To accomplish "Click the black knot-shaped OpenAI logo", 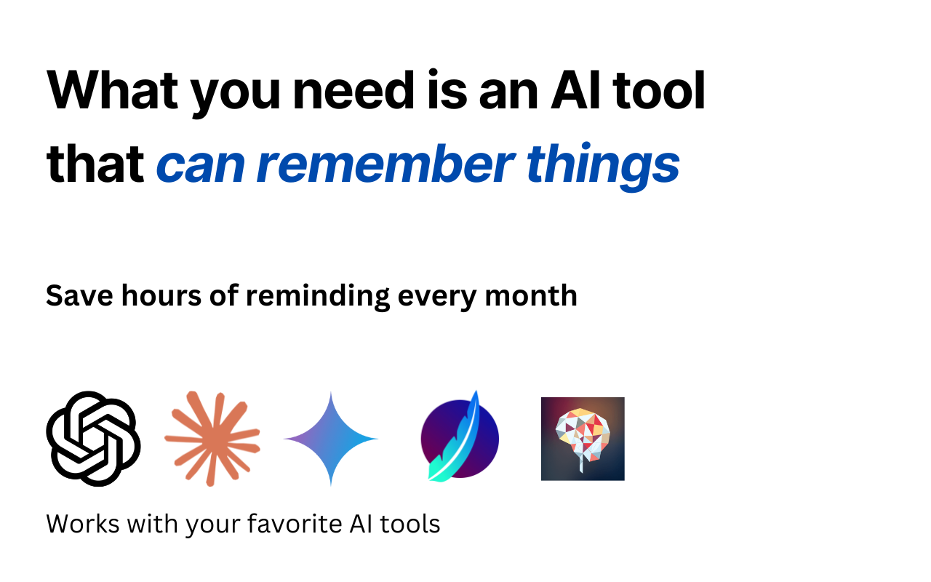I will click(93, 439).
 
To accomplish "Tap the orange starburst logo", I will click(212, 438).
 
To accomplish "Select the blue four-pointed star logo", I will click(331, 439).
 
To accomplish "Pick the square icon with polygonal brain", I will click(583, 439).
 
